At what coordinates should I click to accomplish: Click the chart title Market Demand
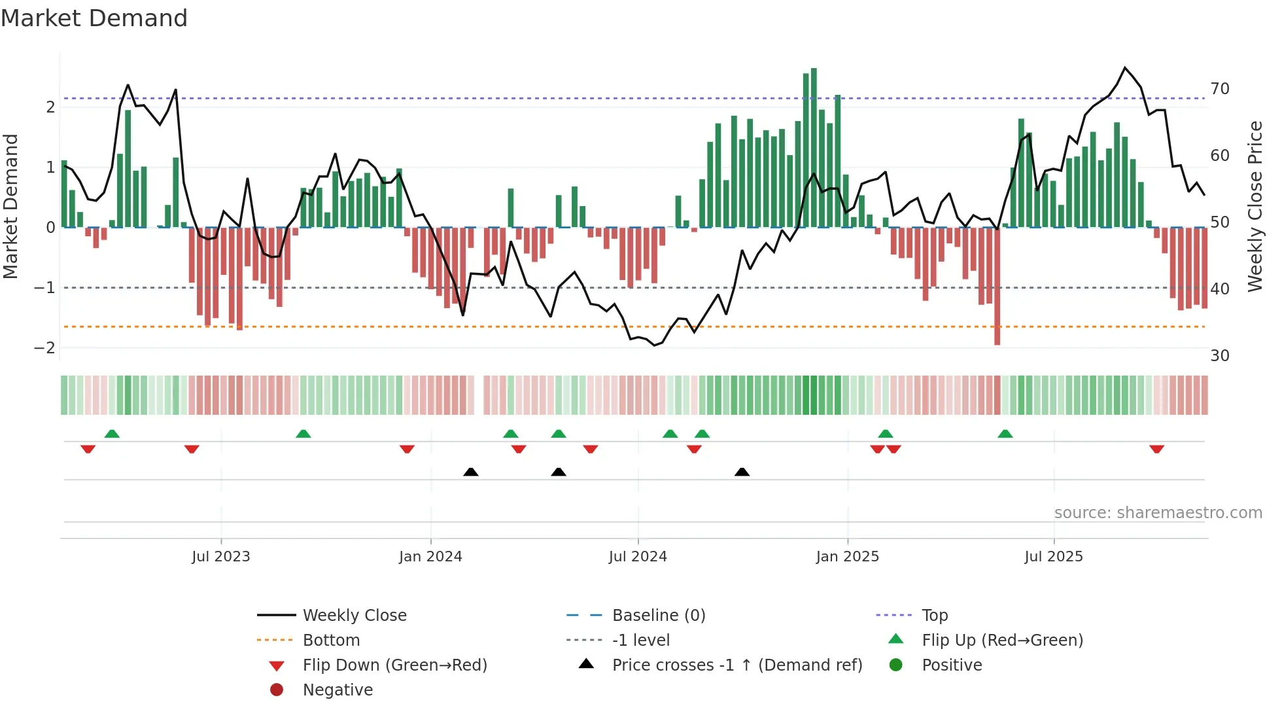[x=94, y=18]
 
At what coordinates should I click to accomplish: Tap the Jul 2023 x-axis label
[x=220, y=557]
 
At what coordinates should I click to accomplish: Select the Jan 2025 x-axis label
[x=847, y=557]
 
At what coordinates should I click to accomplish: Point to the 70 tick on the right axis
[x=1219, y=89]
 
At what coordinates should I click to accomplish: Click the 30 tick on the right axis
[x=1219, y=356]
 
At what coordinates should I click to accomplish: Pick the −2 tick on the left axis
[x=44, y=348]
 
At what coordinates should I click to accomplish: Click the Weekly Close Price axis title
[x=1255, y=206]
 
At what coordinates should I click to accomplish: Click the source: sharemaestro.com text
[x=1158, y=513]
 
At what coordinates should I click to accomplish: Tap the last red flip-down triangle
[x=1156, y=449]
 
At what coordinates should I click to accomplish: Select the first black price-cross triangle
[x=470, y=472]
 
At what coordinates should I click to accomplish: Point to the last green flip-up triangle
[x=1005, y=434]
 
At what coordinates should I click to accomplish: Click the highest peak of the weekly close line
[x=1125, y=68]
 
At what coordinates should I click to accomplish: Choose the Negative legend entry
[x=338, y=690]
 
